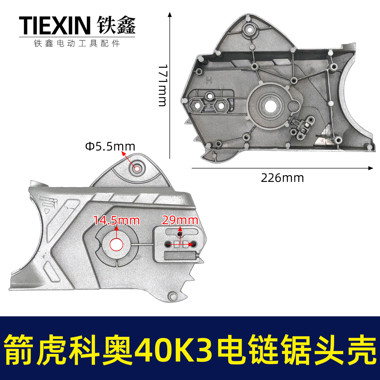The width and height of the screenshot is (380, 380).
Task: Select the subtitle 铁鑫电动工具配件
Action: click(x=77, y=43)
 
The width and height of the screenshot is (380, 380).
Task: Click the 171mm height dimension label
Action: click(x=162, y=85)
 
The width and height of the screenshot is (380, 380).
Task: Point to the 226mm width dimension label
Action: click(x=282, y=178)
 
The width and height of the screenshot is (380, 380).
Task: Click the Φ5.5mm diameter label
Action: click(x=110, y=146)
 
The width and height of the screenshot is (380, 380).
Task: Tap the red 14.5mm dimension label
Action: click(x=117, y=220)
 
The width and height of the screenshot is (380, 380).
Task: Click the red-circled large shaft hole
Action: click(x=116, y=244)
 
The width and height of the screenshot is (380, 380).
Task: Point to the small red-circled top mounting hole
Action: click(x=137, y=169)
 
